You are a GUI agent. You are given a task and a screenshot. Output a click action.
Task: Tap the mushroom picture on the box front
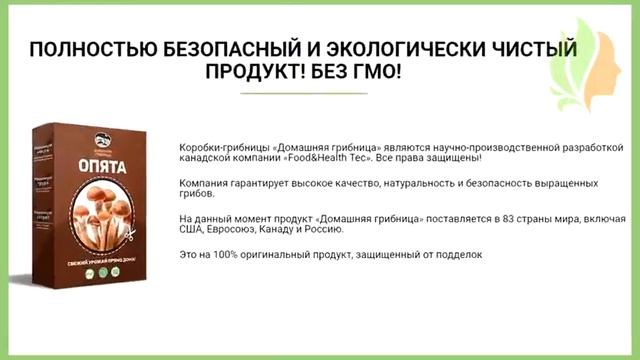pos(111,215)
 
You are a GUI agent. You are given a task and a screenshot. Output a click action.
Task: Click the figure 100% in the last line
pos(226,254)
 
